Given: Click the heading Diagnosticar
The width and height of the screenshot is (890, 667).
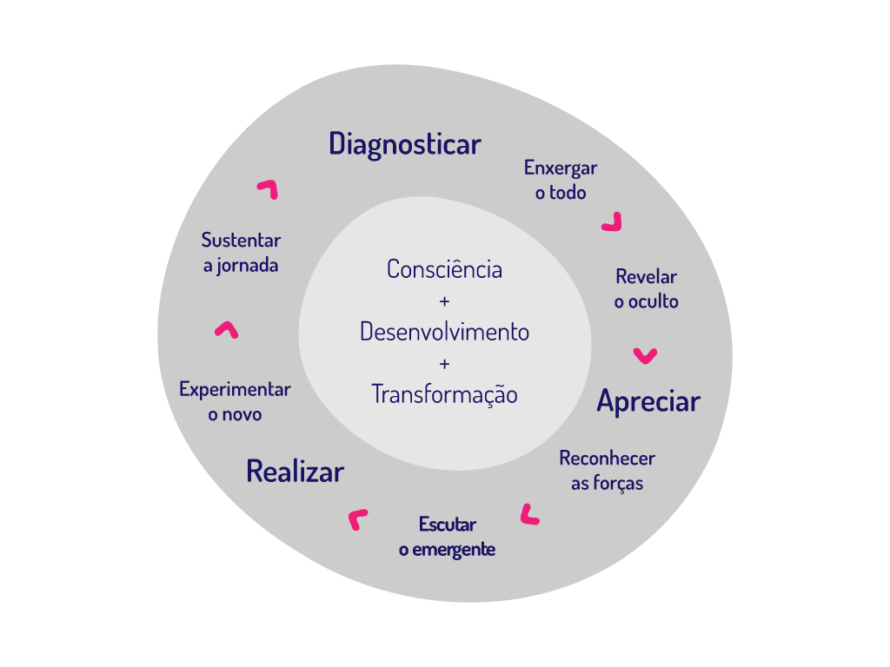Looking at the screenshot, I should click(x=405, y=144).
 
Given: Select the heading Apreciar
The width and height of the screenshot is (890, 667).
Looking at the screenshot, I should click(x=648, y=401).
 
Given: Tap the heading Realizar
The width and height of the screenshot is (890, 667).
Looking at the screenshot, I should click(x=295, y=472).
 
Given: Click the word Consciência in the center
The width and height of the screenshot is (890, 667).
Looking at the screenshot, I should click(x=444, y=269).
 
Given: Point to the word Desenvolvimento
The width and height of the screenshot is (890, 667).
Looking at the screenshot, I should click(x=444, y=332).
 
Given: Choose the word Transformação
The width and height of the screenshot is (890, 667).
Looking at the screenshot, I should click(x=444, y=394).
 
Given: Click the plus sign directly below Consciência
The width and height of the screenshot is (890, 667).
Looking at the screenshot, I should click(x=445, y=301).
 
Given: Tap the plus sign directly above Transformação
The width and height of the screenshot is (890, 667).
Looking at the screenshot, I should click(x=445, y=363).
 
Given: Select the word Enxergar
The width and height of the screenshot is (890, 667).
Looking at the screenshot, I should click(x=561, y=168).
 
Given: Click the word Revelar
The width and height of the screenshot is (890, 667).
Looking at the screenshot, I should click(x=646, y=277).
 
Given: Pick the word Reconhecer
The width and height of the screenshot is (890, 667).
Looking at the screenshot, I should click(x=607, y=458).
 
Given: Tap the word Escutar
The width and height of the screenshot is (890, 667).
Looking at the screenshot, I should click(x=448, y=525).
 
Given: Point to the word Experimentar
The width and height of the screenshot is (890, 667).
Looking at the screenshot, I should click(x=235, y=389).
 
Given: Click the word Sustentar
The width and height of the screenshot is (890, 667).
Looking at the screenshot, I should click(x=241, y=240).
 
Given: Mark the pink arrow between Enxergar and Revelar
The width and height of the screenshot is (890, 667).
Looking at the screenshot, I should click(x=613, y=222).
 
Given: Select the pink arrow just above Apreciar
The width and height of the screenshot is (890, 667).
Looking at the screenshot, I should click(x=645, y=354).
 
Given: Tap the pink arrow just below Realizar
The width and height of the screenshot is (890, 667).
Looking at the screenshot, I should click(x=357, y=518).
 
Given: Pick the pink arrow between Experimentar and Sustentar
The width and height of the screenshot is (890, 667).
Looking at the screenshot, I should click(x=226, y=329).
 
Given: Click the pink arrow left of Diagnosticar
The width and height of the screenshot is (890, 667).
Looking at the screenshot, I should click(x=268, y=188).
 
